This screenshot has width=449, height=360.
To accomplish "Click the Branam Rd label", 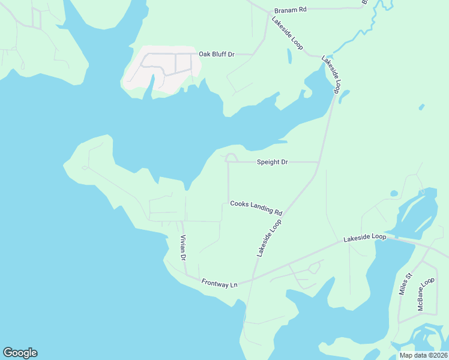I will tap(291, 10).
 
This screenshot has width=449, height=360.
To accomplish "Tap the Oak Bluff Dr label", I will tap(217, 54).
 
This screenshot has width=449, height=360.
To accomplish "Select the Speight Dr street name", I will tap(273, 162).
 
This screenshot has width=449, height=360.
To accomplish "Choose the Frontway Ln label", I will tap(220, 283).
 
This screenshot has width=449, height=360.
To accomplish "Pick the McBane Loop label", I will tap(426, 293).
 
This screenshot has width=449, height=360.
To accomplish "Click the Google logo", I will tap(20, 353).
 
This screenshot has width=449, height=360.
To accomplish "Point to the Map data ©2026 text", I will tap(423, 355).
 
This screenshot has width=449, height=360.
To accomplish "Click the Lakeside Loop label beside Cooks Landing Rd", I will tap(269, 238).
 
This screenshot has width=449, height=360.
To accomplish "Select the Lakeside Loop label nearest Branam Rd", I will tap(287, 33).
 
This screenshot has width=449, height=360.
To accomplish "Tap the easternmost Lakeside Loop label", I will tap(365, 238).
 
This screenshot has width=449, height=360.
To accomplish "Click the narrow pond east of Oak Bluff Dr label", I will tap(289, 56).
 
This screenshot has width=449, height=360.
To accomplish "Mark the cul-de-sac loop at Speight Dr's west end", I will tap(231, 158).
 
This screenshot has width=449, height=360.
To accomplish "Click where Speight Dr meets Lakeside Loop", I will tap(318, 162).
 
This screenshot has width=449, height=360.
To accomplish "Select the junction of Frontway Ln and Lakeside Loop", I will tap(253, 277).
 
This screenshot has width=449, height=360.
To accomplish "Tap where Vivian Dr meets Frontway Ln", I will tap(185, 276).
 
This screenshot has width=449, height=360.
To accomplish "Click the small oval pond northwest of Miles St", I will tap(394, 194).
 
